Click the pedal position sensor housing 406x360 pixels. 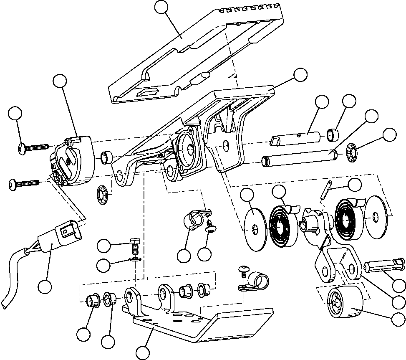(x=75, y=163)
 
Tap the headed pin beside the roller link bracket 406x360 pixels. (x=384, y=266)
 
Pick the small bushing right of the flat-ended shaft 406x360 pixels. (x=333, y=135)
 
